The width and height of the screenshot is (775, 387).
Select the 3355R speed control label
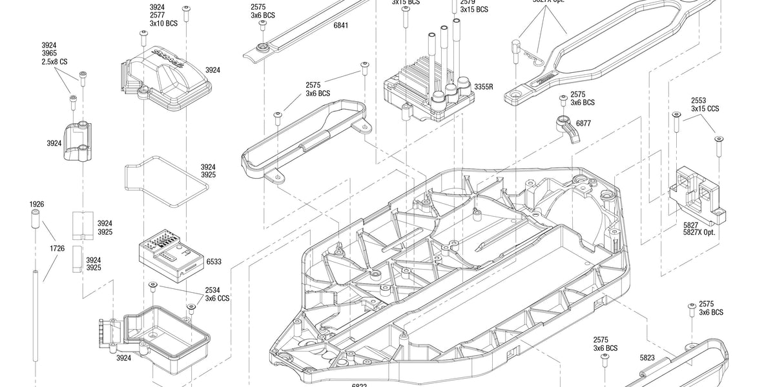tap(483, 86)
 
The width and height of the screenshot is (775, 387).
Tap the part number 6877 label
tap(583, 123)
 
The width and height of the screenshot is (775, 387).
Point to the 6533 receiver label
tap(214, 262)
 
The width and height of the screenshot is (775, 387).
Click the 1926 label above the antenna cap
tap(37, 204)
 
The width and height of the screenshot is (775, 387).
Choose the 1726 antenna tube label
tap(57, 248)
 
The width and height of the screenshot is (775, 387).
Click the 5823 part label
tap(647, 357)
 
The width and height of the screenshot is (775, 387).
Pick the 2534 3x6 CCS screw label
tap(217, 295)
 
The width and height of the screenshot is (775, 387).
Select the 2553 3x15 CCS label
tap(705, 105)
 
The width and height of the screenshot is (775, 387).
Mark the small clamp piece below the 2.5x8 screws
tap(78, 140)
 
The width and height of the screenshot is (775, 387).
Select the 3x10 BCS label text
tap(163, 23)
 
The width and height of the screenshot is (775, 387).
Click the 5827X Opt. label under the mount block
tap(699, 232)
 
